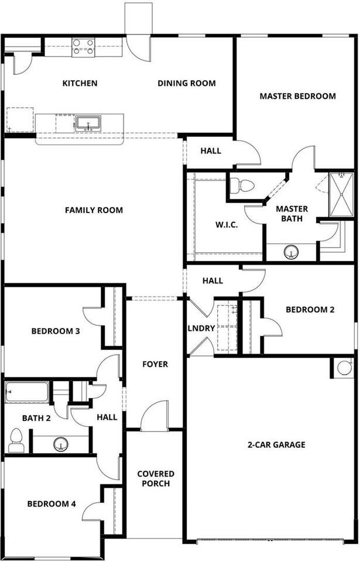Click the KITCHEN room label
(80, 83)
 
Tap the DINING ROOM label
(187, 83)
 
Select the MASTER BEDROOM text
(297, 96)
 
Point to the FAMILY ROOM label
(94, 210)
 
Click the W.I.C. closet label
(227, 225)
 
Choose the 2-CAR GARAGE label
(276, 445)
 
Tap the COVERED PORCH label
(156, 478)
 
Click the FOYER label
(155, 364)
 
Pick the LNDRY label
(201, 328)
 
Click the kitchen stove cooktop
(83, 47)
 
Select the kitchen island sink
(88, 124)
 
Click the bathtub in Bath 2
(27, 392)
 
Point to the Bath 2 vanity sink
(61, 444)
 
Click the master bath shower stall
(342, 195)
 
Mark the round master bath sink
(291, 252)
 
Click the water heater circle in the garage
(344, 368)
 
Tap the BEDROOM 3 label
(56, 331)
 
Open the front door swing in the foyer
(155, 416)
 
